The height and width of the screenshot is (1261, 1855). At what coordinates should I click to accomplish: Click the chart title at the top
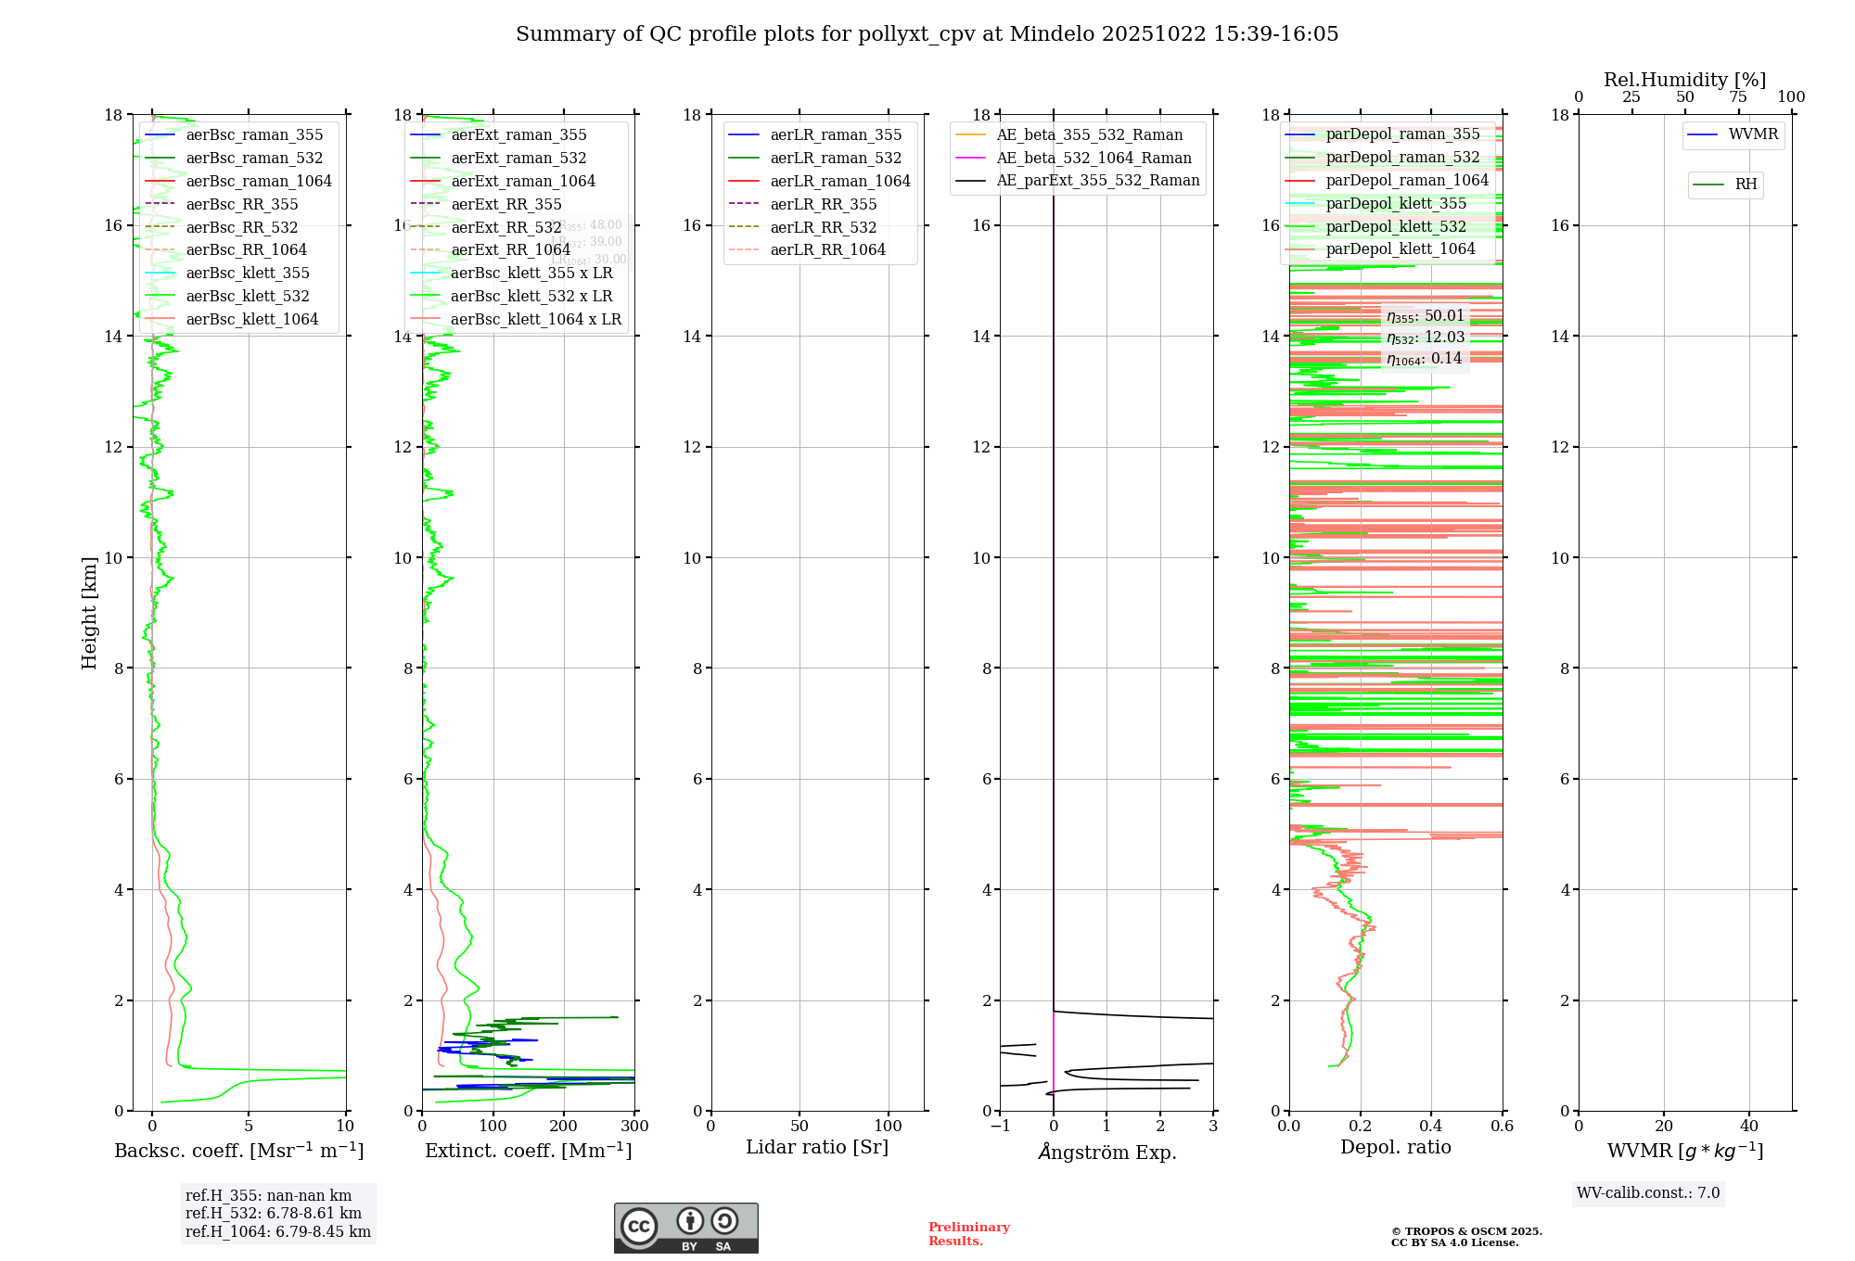927,34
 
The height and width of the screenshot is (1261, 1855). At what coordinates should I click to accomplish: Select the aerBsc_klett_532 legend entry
247,296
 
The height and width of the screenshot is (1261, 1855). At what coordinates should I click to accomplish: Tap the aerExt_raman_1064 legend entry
523,181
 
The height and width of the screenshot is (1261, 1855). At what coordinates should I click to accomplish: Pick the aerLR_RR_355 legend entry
823,204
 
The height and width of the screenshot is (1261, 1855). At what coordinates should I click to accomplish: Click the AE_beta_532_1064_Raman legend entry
1094,158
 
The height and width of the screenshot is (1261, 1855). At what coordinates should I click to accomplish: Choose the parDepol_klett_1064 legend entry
1400,248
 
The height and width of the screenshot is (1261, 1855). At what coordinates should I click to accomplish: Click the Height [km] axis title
89,612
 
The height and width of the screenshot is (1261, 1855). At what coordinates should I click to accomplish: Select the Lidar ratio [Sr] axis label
816,1147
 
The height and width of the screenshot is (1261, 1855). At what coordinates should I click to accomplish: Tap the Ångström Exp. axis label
1107,1152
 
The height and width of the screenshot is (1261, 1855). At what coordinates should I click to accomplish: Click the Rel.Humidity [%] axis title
1684,80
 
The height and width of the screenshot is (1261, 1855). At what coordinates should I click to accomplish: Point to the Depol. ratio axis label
1395,1147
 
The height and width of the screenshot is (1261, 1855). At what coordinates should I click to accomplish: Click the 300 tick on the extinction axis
634,1127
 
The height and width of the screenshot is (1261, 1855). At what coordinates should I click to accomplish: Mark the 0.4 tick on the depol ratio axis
1431,1127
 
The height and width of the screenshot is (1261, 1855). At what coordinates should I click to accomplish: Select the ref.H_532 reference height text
274,1213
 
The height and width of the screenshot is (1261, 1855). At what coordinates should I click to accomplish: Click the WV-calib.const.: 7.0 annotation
1648,1193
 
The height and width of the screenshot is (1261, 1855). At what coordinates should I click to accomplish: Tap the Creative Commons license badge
685,1228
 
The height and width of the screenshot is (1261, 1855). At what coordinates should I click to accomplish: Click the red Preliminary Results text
968,1233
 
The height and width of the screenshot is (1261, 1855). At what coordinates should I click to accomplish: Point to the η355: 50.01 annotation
1425,316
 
